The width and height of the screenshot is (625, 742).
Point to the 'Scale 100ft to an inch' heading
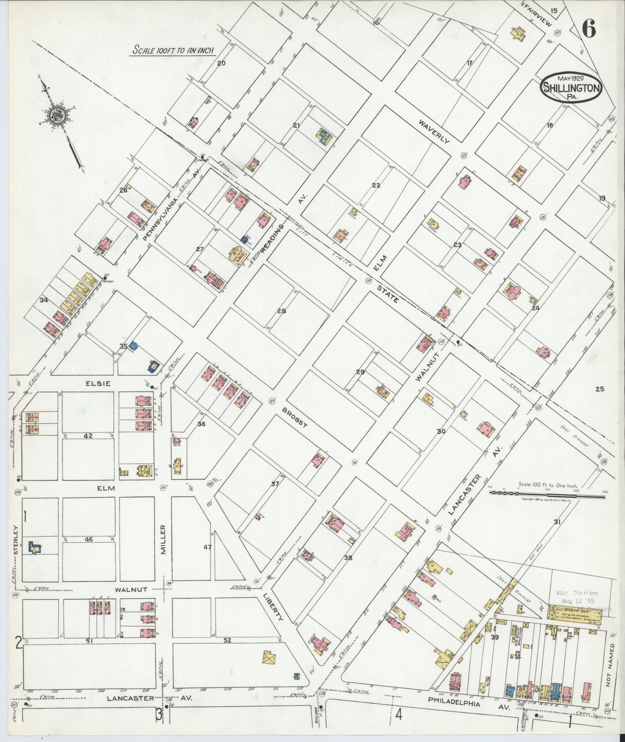(173, 50)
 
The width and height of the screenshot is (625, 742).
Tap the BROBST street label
(295, 417)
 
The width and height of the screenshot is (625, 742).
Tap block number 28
(282, 310)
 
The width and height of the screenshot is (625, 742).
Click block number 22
(375, 185)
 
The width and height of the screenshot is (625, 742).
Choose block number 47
(208, 547)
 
